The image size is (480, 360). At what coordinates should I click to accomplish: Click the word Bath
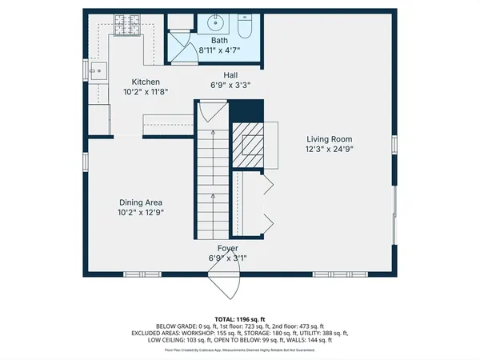pos(220,40)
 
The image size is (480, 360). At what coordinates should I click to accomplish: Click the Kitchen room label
pos(146,82)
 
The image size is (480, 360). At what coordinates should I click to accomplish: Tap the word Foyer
pos(228,249)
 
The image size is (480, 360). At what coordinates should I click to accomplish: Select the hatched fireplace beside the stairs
pos(247,144)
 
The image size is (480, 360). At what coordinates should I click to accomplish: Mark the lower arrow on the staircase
pos(213,197)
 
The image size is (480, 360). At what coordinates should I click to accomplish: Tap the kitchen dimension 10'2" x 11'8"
pos(146,92)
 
